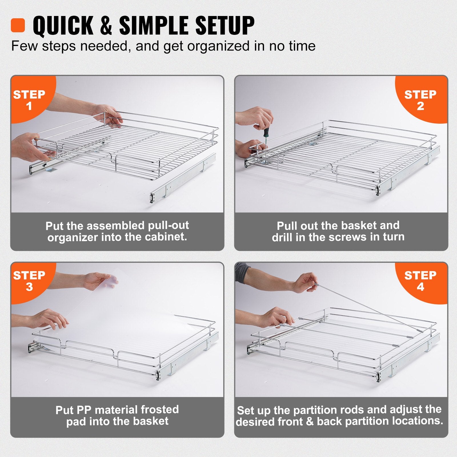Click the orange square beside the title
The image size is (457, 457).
(18, 25)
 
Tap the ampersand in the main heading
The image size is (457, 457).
(106, 26)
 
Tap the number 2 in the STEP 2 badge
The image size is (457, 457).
(420, 106)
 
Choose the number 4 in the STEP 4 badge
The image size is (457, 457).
(420, 287)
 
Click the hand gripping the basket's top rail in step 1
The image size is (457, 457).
(107, 113)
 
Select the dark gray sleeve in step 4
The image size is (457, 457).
(242, 273)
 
